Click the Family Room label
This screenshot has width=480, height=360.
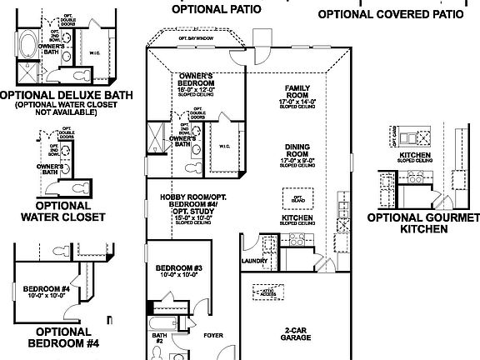coord(297,92)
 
